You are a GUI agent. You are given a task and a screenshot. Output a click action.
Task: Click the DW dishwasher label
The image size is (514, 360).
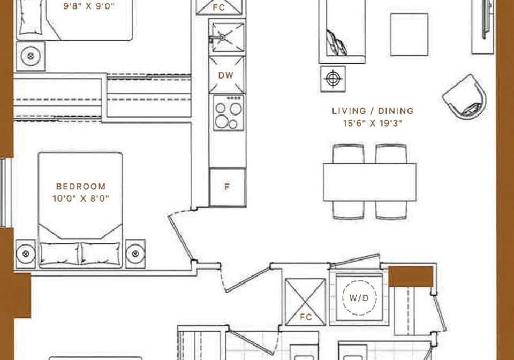point(226,75)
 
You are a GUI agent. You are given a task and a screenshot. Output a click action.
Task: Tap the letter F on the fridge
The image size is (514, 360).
point(227,187)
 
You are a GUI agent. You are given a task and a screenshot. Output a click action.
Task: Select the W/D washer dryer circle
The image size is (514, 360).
point(359,298)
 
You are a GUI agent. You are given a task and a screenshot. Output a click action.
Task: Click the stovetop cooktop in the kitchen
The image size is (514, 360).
point(229,112)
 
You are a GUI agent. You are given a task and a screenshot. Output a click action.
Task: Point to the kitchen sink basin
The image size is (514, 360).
point(228,37)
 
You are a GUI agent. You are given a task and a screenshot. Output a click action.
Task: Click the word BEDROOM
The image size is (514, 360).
point(81,186)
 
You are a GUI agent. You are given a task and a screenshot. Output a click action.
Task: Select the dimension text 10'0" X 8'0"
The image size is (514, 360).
point(81,198)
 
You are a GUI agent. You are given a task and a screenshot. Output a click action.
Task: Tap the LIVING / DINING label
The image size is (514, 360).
point(373,111)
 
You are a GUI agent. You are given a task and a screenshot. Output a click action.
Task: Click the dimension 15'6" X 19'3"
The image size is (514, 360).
point(373,124)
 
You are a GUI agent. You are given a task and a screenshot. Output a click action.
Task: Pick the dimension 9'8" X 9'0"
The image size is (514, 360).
point(89,6)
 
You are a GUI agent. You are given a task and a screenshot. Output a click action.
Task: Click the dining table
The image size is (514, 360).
point(370,182)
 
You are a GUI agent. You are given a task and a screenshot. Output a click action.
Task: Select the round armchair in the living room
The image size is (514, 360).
point(465,97)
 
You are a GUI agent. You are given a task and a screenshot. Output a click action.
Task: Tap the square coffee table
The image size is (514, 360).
point(409,34)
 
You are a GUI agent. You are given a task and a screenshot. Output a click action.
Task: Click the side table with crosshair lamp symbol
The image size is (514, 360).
point(332,79)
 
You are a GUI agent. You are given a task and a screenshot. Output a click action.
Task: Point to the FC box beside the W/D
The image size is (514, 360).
point(305,302)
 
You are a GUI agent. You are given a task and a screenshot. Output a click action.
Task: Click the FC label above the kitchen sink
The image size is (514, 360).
point(218,7)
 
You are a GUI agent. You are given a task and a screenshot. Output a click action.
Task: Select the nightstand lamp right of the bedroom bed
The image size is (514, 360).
point(135,254)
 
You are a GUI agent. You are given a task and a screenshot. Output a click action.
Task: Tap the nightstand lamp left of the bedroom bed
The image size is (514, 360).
point(26,254)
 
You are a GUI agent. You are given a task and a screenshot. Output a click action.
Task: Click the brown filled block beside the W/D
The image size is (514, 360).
point(411,277)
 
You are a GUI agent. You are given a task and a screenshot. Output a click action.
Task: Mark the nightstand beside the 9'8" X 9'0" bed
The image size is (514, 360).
point(31,56)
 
